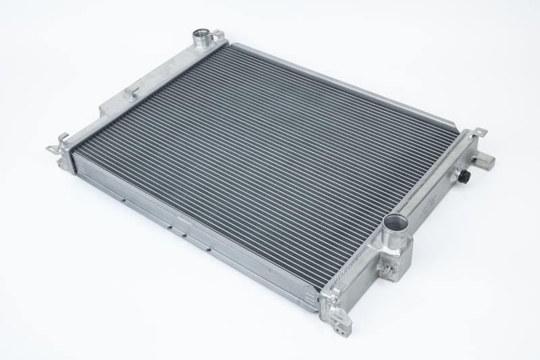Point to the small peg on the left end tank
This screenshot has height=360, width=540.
[130, 92]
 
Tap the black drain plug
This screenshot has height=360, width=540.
[465, 175]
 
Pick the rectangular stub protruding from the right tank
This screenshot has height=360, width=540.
[484, 161]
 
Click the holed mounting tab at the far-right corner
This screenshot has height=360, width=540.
[479, 132]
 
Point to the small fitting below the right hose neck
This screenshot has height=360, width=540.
[387, 269]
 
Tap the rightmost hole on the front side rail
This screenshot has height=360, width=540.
[209, 250]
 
